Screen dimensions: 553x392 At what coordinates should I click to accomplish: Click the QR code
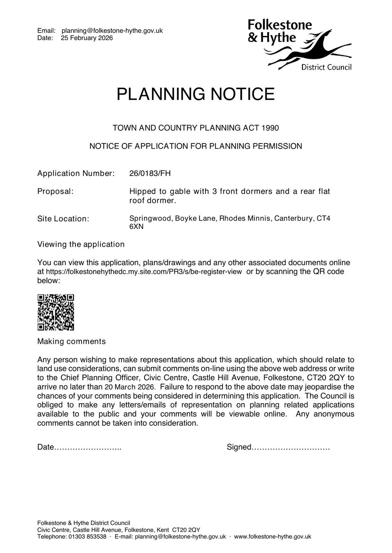[x=56, y=312]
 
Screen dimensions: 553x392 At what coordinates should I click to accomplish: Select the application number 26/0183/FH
[x=150, y=173]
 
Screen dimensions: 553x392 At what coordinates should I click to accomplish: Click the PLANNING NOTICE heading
[x=196, y=94]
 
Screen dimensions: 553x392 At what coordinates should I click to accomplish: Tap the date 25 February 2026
[x=87, y=38]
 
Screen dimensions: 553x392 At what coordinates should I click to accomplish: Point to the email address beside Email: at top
[x=112, y=31]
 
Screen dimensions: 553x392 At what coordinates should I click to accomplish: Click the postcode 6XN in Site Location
[x=136, y=227]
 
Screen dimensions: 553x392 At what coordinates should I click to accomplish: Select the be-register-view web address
[x=144, y=272]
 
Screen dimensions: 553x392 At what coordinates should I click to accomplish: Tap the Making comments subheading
[x=71, y=341]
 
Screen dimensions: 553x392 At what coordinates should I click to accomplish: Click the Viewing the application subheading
[x=81, y=244]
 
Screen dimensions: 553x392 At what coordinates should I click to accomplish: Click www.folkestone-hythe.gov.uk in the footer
[x=273, y=537]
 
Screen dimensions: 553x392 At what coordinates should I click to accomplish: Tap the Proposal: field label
[x=55, y=191]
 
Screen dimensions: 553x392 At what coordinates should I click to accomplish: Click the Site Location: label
[x=63, y=219]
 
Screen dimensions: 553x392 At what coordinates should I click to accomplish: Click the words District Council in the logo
[x=326, y=67]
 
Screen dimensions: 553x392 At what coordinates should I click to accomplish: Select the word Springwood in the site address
[x=150, y=218]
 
